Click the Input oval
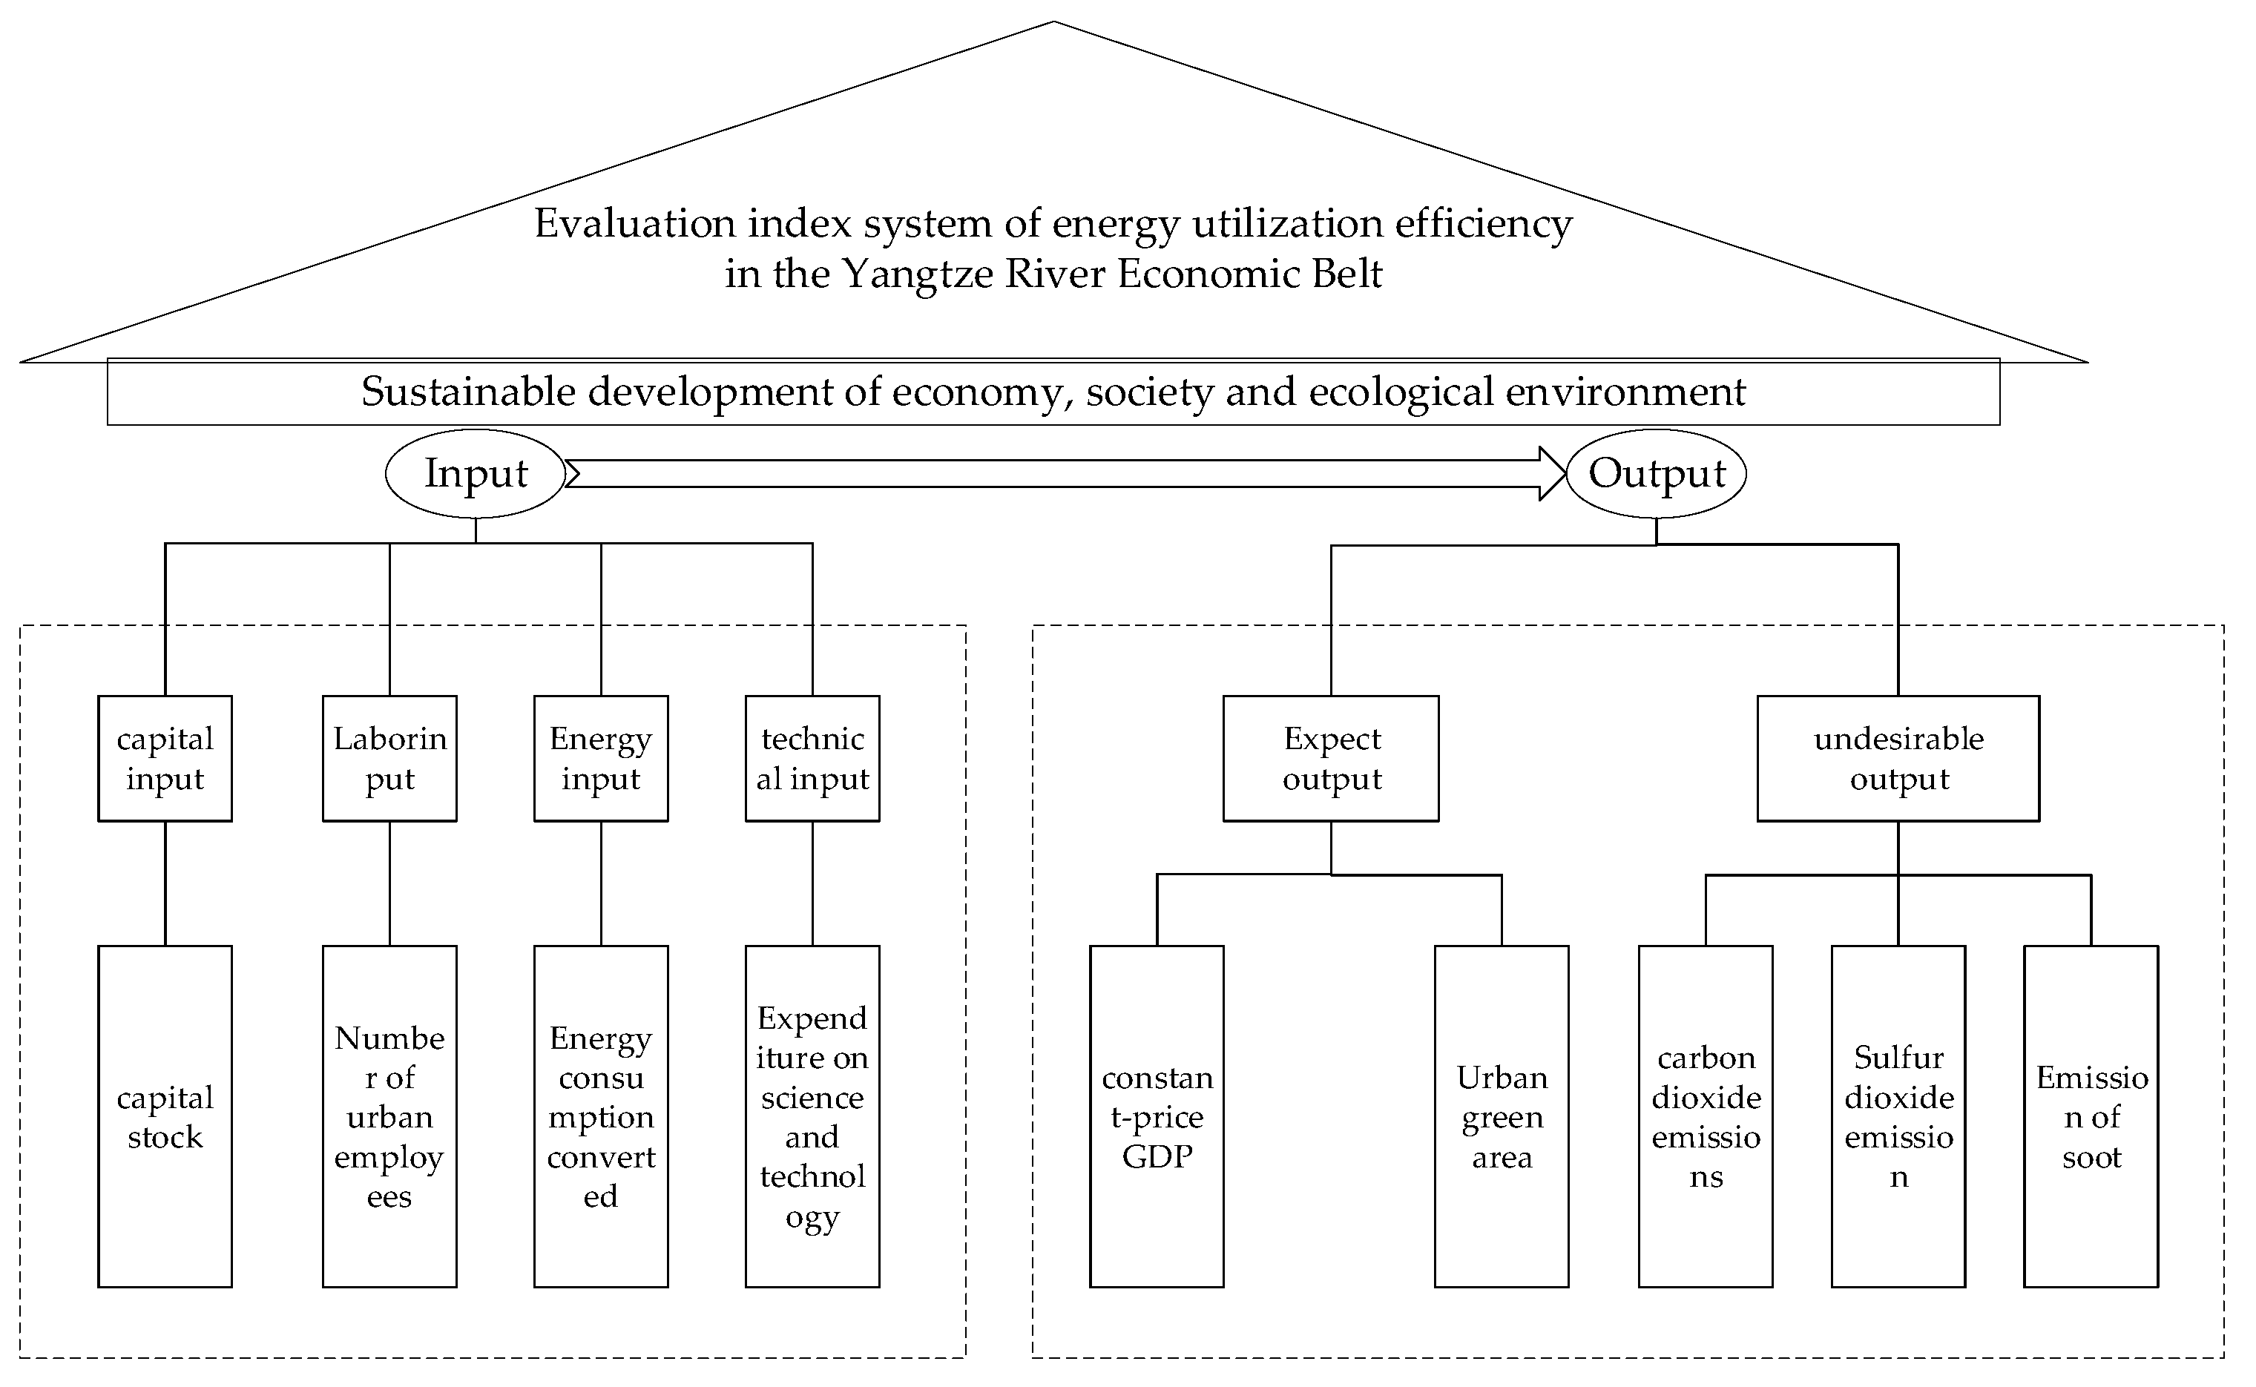(x=476, y=473)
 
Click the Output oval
(x=1656, y=473)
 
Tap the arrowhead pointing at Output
(x=1552, y=473)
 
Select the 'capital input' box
(x=165, y=758)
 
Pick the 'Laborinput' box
(x=390, y=758)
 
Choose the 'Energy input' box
(x=601, y=758)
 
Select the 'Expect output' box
(x=1331, y=758)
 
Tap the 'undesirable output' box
(x=1898, y=758)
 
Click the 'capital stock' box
(x=165, y=1116)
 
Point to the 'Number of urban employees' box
(x=390, y=1116)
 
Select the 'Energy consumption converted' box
(x=601, y=1116)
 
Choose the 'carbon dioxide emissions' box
(x=1706, y=1116)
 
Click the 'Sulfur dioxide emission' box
(x=1898, y=1116)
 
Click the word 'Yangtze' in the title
(x=918, y=274)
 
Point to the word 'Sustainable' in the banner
(x=468, y=392)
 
